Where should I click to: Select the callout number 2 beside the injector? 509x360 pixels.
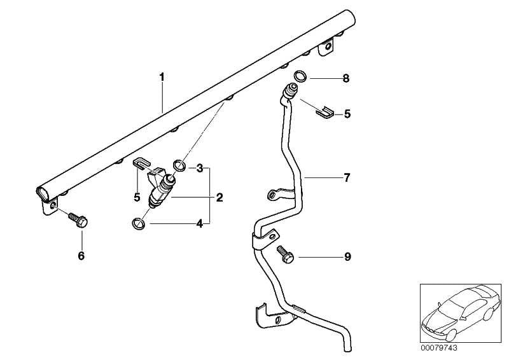coord(219,198)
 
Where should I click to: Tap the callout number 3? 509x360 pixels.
coord(200,169)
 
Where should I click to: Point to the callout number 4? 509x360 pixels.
coord(200,223)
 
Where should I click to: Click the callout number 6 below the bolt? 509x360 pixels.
coord(81,256)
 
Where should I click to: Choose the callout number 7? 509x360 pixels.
coord(347,178)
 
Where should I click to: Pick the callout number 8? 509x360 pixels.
coord(346,79)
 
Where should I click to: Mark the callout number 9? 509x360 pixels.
coord(347,257)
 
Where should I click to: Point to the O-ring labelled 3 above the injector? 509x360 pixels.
coord(179,167)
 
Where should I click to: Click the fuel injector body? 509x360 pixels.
coord(160,191)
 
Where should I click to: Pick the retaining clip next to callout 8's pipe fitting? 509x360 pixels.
coord(325,112)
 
